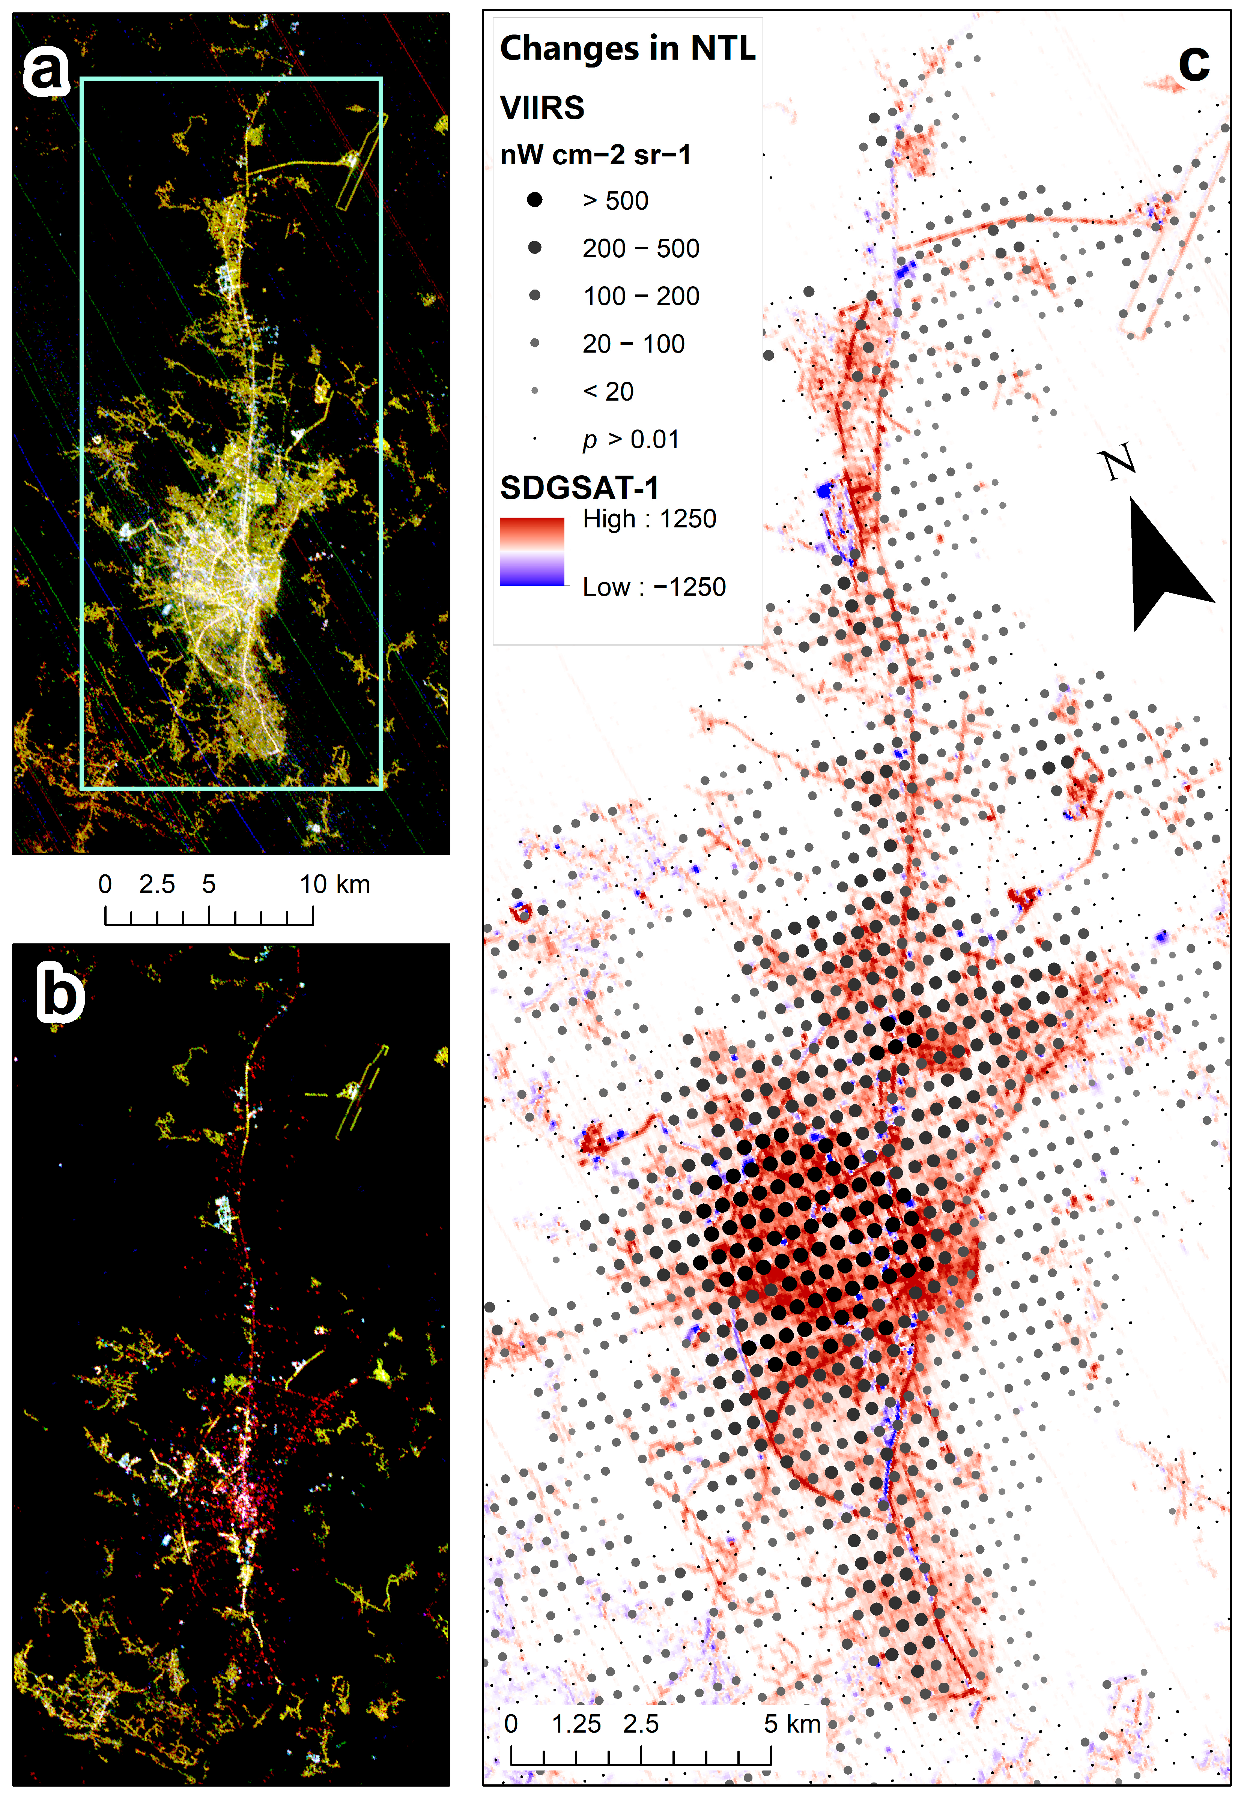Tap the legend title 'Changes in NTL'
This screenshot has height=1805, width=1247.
[627, 48]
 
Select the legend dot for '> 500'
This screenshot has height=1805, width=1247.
[534, 200]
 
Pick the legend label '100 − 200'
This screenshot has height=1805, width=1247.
[641, 296]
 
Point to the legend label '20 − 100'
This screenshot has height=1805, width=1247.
[633, 344]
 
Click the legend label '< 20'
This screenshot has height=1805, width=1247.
[608, 391]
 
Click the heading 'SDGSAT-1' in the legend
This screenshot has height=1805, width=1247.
[579, 488]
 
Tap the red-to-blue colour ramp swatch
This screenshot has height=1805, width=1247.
[531, 551]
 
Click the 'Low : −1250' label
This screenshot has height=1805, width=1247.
[654, 587]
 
